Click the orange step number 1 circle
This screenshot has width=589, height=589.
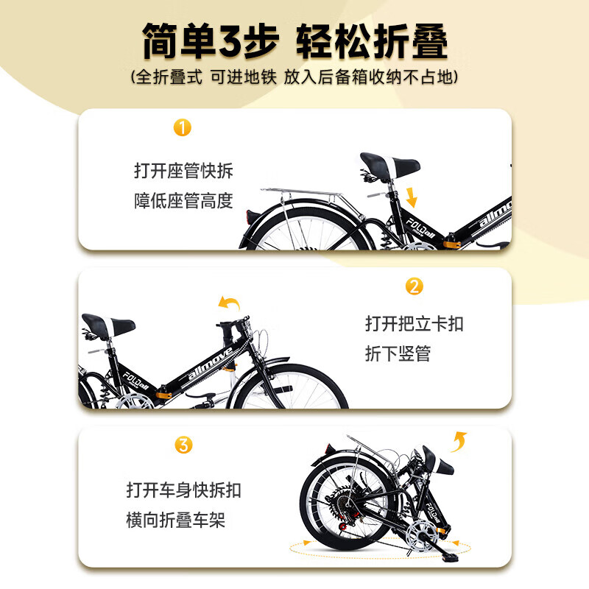point(182,127)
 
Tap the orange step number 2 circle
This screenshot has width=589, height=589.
point(415,286)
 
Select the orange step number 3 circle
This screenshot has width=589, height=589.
point(183,445)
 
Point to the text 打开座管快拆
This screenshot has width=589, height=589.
point(183,172)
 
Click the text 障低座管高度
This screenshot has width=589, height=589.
point(183,200)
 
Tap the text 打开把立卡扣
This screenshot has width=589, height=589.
point(415,324)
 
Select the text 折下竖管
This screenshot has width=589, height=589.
point(398,353)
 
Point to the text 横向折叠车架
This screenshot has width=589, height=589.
point(175,521)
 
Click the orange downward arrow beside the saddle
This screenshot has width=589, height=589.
point(411,197)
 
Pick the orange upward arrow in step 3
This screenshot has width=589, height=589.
point(459,441)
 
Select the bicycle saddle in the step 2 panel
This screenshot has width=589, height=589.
point(109,324)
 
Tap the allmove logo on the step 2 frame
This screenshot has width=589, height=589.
point(211,364)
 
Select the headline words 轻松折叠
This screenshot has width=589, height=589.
point(372,41)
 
